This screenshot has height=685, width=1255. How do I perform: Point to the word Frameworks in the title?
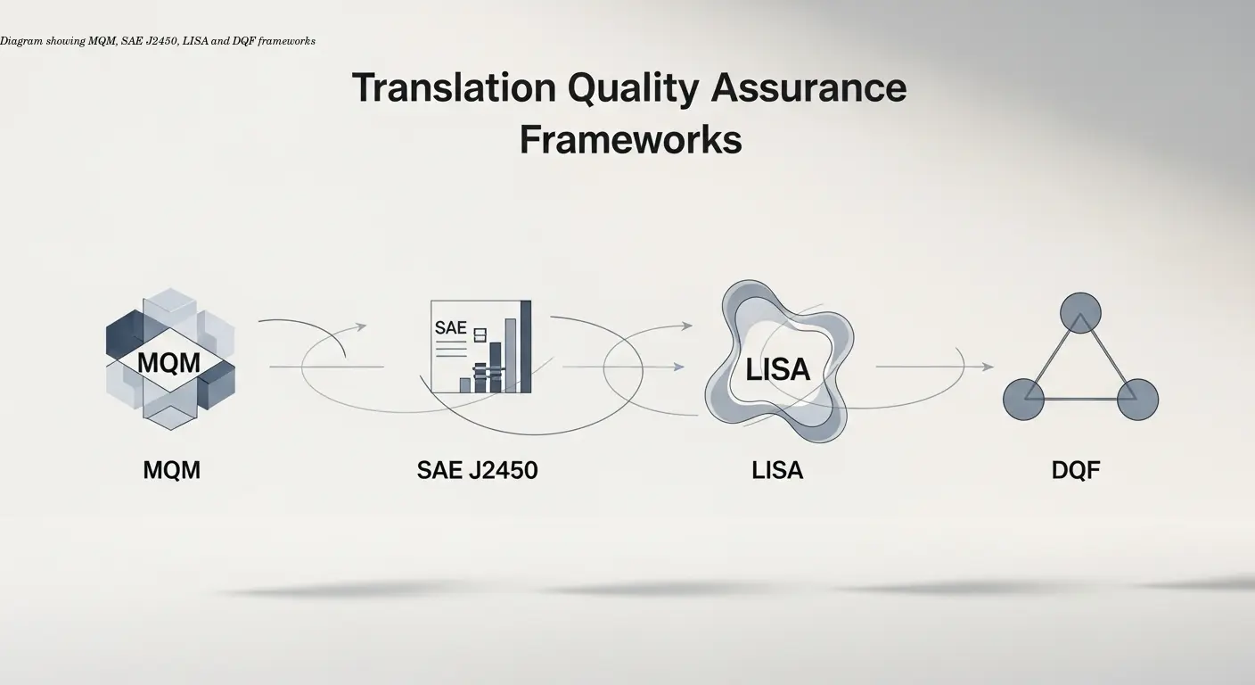point(630,140)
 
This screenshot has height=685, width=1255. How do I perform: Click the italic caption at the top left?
point(158,41)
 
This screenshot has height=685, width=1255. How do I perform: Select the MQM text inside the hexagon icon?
point(169,363)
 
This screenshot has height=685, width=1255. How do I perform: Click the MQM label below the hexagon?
point(171,469)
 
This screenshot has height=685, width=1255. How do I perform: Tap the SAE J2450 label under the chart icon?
point(477,469)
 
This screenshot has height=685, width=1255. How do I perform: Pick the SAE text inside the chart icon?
point(451,327)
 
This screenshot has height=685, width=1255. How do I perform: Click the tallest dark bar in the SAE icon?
point(525,346)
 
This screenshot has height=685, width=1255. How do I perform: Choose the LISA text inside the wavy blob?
point(777,369)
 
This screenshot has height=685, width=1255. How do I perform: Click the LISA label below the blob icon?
point(777,469)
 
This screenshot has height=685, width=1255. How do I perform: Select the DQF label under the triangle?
point(1076,469)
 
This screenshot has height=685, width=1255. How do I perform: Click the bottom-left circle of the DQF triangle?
point(1023,399)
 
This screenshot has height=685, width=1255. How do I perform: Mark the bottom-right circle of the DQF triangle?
point(1137,399)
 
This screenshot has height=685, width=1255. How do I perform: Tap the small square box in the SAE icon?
point(480,334)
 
